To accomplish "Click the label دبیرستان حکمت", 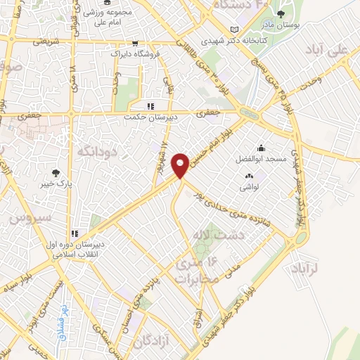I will [150, 117].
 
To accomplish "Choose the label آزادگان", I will [151, 342].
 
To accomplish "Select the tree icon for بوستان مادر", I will [281, 14].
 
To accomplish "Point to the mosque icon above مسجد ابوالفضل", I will [261, 148].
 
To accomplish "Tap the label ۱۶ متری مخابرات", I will [193, 271].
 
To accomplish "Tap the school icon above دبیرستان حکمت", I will [150, 105].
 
